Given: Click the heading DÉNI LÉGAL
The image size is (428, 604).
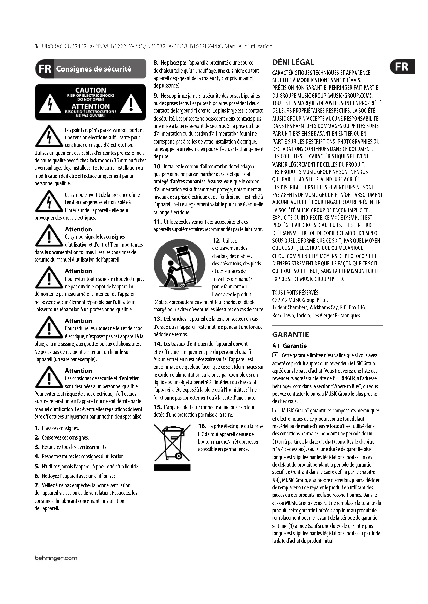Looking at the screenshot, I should (x=293, y=62).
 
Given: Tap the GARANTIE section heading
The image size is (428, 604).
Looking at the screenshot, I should (x=290, y=335).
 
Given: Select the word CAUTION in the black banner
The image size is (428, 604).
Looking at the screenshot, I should (x=91, y=90).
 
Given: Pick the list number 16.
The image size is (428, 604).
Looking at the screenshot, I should (x=202, y=426).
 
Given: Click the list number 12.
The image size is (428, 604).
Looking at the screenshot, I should (x=216, y=241).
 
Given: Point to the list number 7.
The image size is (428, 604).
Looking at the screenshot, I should (x=37, y=485).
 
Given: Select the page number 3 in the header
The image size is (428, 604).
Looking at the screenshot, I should (x=36, y=46).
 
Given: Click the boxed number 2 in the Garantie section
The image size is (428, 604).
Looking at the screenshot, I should (x=275, y=411).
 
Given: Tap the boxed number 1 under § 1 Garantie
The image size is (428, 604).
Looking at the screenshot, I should (x=275, y=355).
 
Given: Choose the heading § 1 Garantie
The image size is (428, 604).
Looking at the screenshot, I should (x=289, y=346).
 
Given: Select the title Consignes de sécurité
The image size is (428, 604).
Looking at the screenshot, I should (x=94, y=69).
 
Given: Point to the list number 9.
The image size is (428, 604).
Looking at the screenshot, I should (x=156, y=96).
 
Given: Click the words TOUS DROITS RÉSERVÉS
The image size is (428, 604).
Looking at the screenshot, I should (x=296, y=293).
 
